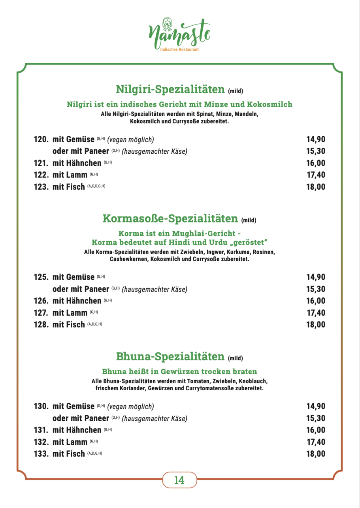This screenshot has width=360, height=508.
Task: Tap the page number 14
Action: pyautogui.click(x=179, y=480)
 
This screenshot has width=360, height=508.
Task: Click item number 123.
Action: pyautogui.click(x=41, y=187)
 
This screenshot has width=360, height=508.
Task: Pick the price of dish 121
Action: pyautogui.click(x=316, y=163)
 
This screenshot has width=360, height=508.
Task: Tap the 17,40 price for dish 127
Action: pyautogui.click(x=316, y=313)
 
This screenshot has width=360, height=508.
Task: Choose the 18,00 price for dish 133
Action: pyautogui.click(x=316, y=454)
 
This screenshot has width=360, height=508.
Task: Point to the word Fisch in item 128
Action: pyautogui.click(x=75, y=325)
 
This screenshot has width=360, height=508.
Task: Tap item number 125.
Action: pyautogui.click(x=41, y=277)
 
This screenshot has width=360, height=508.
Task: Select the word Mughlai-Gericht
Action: pyautogui.click(x=203, y=233)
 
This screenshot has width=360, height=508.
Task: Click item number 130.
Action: pyautogui.click(x=41, y=406)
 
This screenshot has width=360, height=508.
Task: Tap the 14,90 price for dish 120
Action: pyautogui.click(x=316, y=139)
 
